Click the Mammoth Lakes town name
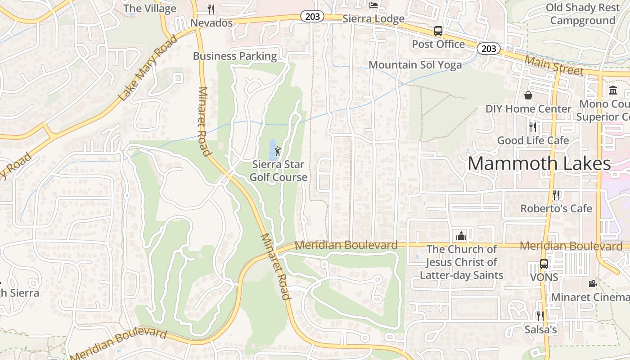click(539, 163)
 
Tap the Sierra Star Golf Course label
click(278, 171)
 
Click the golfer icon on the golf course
click(278, 151)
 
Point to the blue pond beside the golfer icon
click(272, 148)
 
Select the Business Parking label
click(235, 56)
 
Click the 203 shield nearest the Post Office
click(489, 48)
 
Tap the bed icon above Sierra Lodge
click(373, 5)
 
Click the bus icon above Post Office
click(438, 31)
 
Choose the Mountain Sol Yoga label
click(415, 65)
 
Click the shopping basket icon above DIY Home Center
click(528, 95)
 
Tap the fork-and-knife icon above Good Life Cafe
click(533, 127)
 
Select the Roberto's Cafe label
click(556, 209)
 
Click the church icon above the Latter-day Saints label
click(461, 235)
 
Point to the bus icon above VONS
click(544, 264)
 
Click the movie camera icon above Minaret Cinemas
click(593, 284)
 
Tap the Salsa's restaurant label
click(540, 330)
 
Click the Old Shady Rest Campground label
click(582, 14)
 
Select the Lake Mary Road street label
click(148, 67)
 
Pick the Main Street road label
click(554, 66)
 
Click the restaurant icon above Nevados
click(211, 9)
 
